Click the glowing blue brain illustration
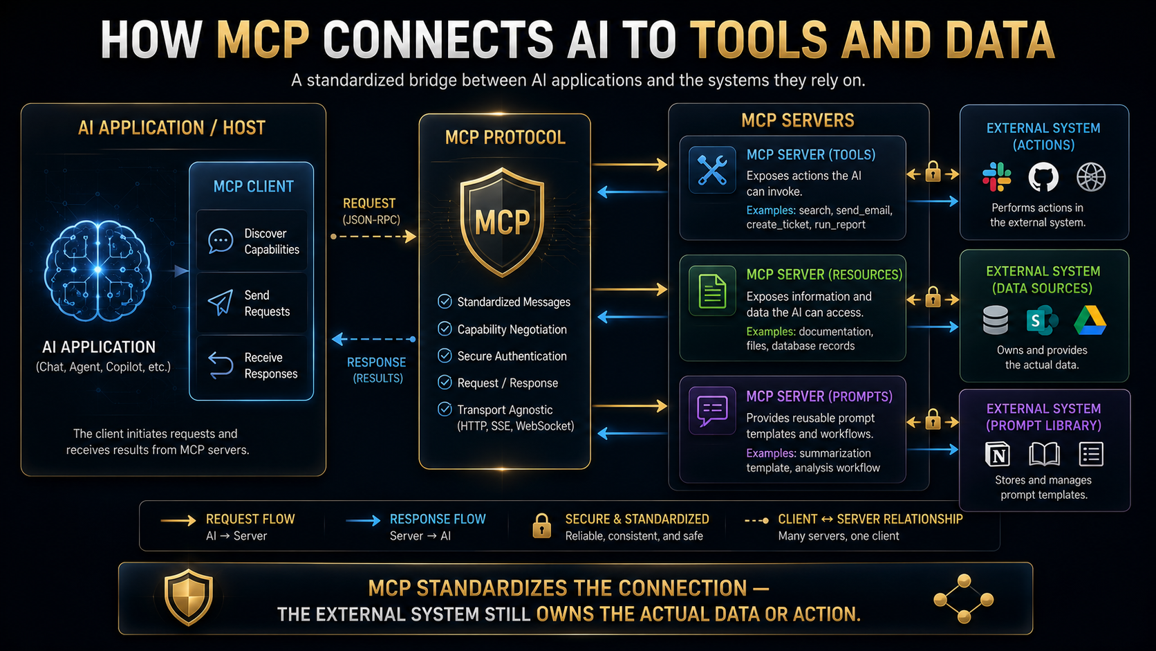tap(97, 270)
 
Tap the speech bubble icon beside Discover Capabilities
tap(221, 241)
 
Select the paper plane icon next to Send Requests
tap(221, 302)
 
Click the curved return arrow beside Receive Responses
tap(221, 365)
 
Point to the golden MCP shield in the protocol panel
tap(502, 222)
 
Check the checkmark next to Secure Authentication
tap(445, 356)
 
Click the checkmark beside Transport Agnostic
tap(445, 410)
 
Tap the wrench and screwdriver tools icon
tap(712, 170)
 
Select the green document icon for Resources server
tap(712, 291)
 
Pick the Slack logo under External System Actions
tap(996, 177)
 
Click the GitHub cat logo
tap(1043, 177)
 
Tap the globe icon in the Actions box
tap(1091, 177)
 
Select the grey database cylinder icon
tap(996, 320)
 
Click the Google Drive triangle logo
tap(1090, 320)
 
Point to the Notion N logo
tap(998, 455)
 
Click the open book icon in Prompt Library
tap(1044, 455)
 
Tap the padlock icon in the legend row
tap(541, 526)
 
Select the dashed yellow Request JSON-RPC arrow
tap(373, 237)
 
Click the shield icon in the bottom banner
tap(188, 597)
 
